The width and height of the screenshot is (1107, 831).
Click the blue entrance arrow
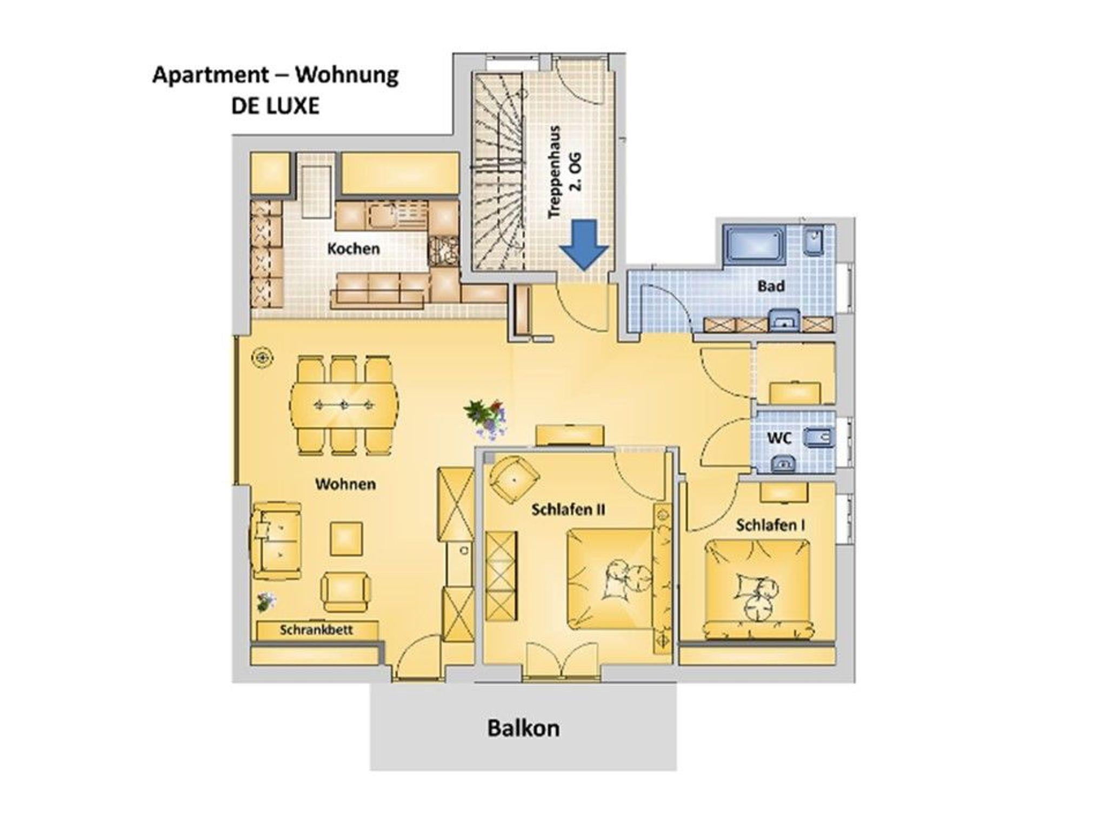pos(584,244)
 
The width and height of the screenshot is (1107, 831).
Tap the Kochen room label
pos(354,249)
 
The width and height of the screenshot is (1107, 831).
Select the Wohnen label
pos(345,484)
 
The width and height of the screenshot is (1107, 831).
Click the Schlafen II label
pos(568,510)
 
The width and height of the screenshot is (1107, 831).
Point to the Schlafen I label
pos(771,525)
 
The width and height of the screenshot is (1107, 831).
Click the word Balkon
pos(523,728)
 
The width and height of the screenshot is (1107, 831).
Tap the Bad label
pos(771,286)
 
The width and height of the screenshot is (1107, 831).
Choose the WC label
pos(779,437)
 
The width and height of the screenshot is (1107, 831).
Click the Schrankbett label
pos(316,630)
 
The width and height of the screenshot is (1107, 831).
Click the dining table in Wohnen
pos(345,404)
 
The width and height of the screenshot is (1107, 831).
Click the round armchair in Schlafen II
pos(514,478)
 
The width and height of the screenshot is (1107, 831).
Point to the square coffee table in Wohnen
pos(346,539)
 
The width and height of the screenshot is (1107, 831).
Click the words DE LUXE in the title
pos(275,106)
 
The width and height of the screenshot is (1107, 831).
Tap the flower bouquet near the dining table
pos(486,417)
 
